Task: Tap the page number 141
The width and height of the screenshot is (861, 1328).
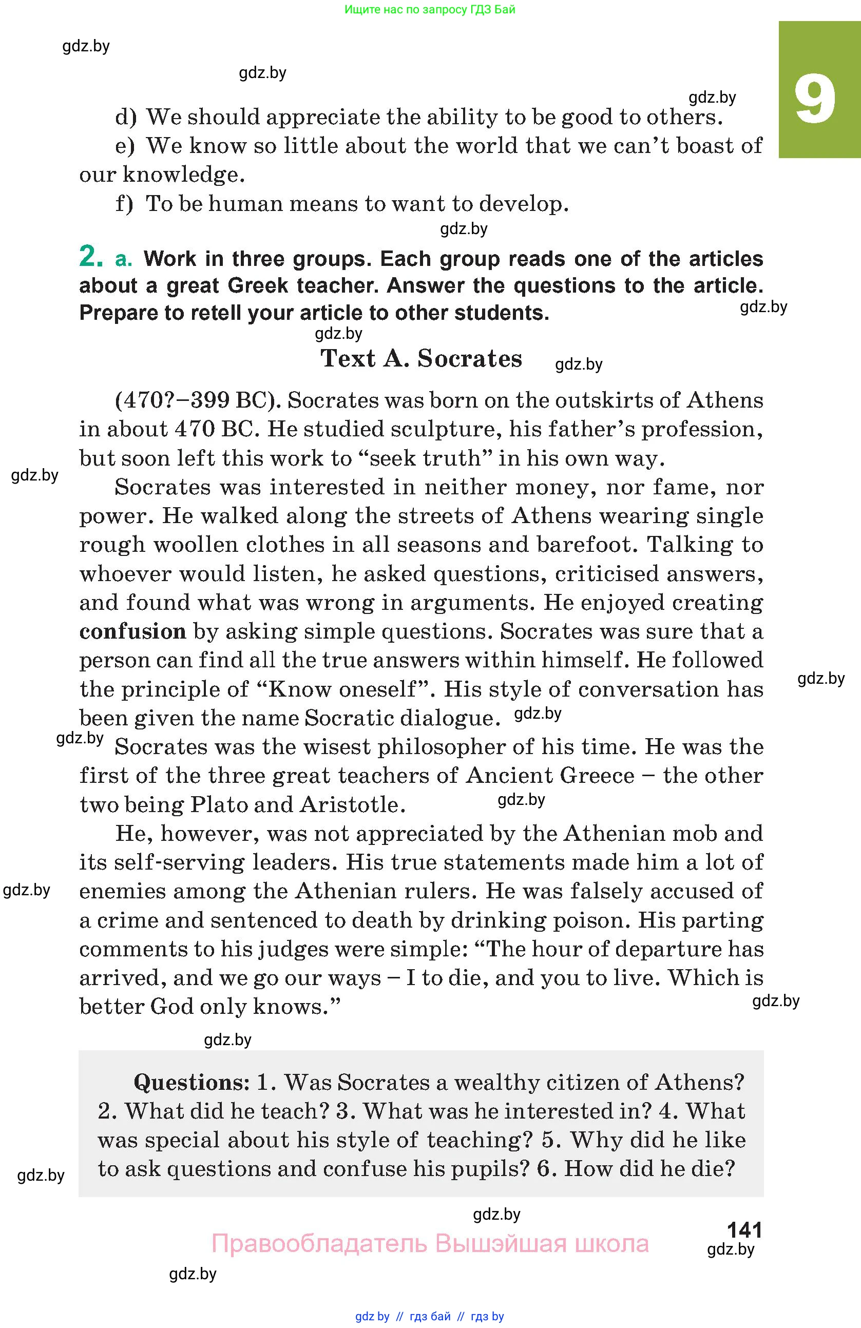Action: (744, 1230)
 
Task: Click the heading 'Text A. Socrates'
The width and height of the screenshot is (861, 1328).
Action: (422, 358)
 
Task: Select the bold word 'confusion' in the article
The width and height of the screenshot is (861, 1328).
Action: (133, 631)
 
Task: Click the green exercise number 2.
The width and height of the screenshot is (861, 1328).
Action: (91, 257)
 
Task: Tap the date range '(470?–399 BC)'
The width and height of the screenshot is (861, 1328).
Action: (198, 400)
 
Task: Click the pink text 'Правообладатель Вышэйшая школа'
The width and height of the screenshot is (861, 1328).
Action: (430, 1244)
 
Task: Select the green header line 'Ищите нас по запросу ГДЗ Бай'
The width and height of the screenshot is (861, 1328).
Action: (430, 9)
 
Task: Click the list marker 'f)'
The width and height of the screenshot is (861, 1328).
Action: (124, 204)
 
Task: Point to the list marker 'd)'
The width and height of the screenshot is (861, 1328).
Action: (126, 117)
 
